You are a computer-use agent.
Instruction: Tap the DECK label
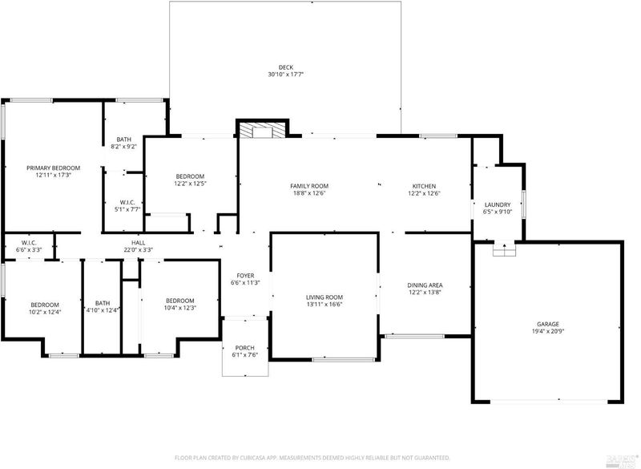[x=286, y=67]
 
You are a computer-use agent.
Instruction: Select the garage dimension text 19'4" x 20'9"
[x=548, y=332]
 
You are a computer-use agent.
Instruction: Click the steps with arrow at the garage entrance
[x=504, y=249]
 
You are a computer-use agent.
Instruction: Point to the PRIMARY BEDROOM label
[x=53, y=168]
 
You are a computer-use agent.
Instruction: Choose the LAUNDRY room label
[x=498, y=205]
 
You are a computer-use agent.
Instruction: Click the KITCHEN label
[x=424, y=187]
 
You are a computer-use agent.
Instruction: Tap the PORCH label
[x=245, y=348]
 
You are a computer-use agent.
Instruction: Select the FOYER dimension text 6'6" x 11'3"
[x=245, y=282]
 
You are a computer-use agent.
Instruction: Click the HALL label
[x=138, y=243]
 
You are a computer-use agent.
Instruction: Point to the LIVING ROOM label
[x=325, y=297]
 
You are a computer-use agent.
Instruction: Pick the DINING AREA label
[x=425, y=285]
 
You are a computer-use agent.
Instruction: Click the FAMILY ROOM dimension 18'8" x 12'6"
[x=309, y=193]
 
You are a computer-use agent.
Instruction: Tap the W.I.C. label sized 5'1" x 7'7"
[x=127, y=202]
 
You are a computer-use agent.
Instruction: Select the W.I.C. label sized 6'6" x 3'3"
[x=29, y=243]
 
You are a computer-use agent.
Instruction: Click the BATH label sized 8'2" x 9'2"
[x=124, y=139]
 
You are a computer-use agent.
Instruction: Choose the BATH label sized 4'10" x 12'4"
[x=103, y=303]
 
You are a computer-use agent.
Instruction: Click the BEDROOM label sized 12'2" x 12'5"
[x=190, y=176]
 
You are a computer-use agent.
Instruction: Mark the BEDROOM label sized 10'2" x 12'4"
[x=45, y=305]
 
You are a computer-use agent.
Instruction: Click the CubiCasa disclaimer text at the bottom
[x=312, y=458]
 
